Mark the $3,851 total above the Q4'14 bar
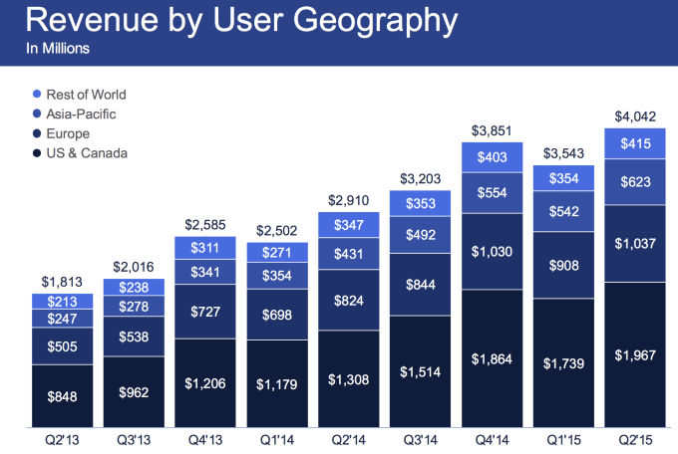click(493, 130)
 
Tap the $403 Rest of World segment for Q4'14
click(493, 157)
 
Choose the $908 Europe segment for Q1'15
click(564, 266)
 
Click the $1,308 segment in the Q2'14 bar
click(348, 378)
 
